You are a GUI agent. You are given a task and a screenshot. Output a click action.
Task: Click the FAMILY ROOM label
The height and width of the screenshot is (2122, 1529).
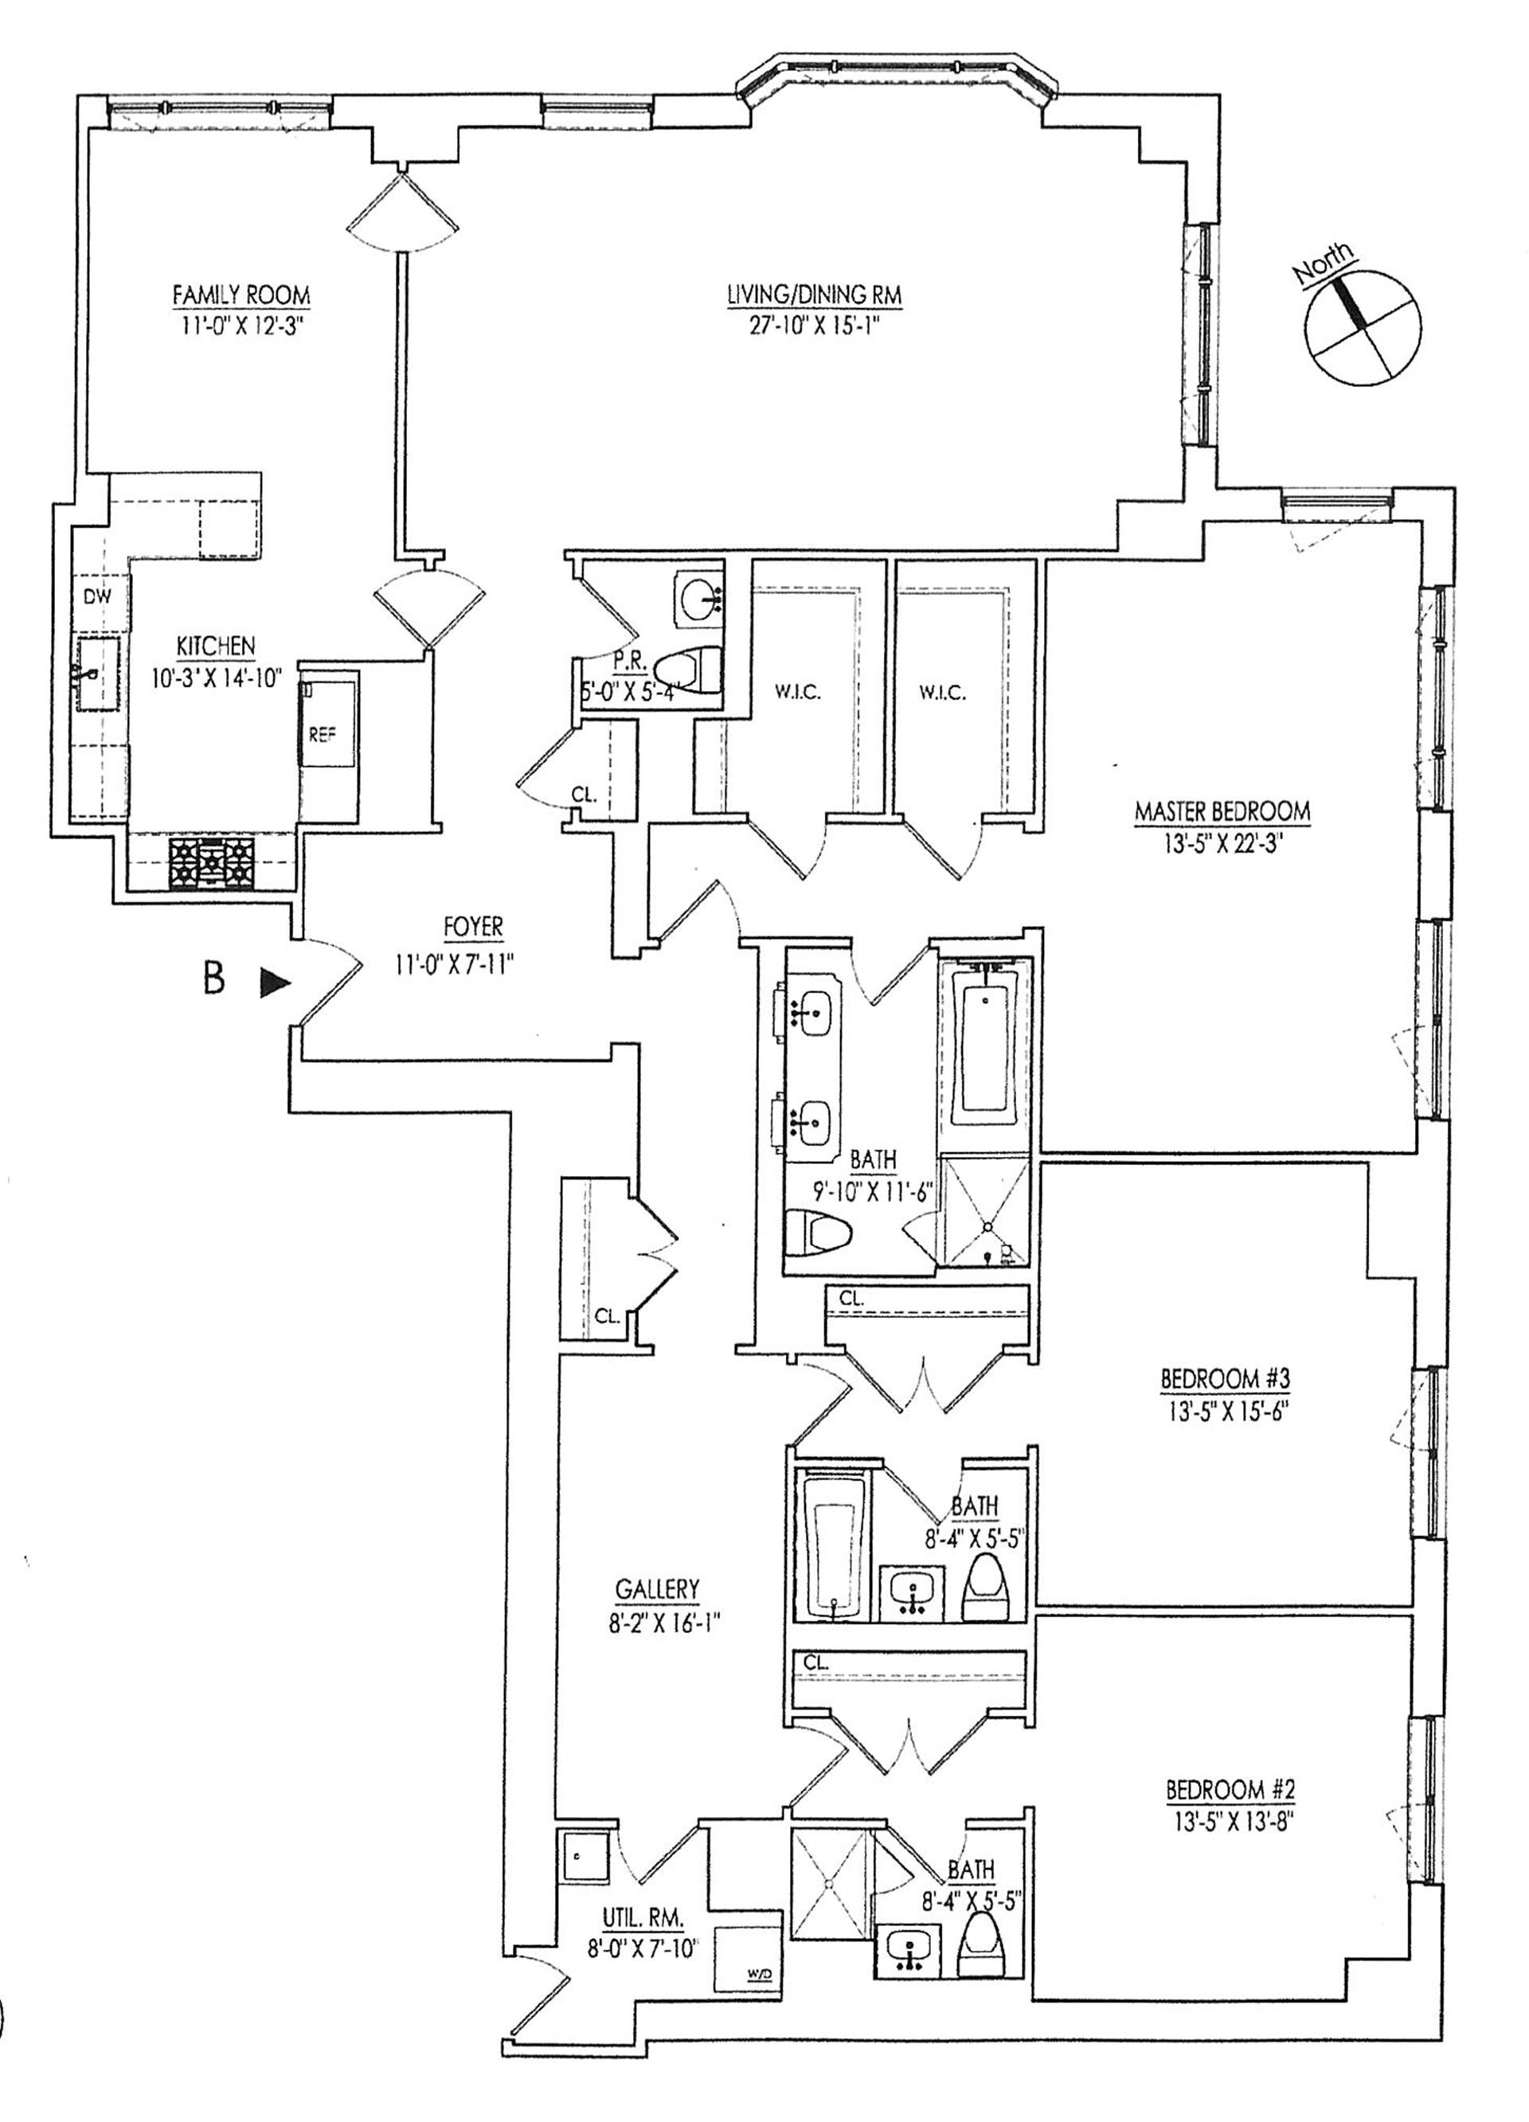pyautogui.click(x=240, y=295)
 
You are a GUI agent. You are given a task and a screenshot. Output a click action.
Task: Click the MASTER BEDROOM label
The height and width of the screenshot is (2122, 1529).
pyautogui.click(x=1222, y=811)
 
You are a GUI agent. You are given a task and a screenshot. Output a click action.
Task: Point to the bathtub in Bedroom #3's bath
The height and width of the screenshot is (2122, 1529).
pyautogui.click(x=835, y=1541)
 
